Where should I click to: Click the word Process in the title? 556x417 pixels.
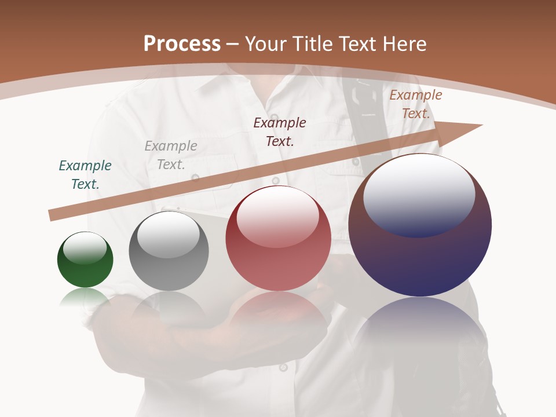tap(182, 44)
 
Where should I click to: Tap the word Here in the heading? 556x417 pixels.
tap(403, 44)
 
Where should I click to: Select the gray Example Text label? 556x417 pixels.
tap(171, 155)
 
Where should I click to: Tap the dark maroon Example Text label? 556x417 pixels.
tap(280, 131)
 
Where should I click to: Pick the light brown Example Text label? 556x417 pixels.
tap(416, 104)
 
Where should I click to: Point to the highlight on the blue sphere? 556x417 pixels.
tap(419, 194)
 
